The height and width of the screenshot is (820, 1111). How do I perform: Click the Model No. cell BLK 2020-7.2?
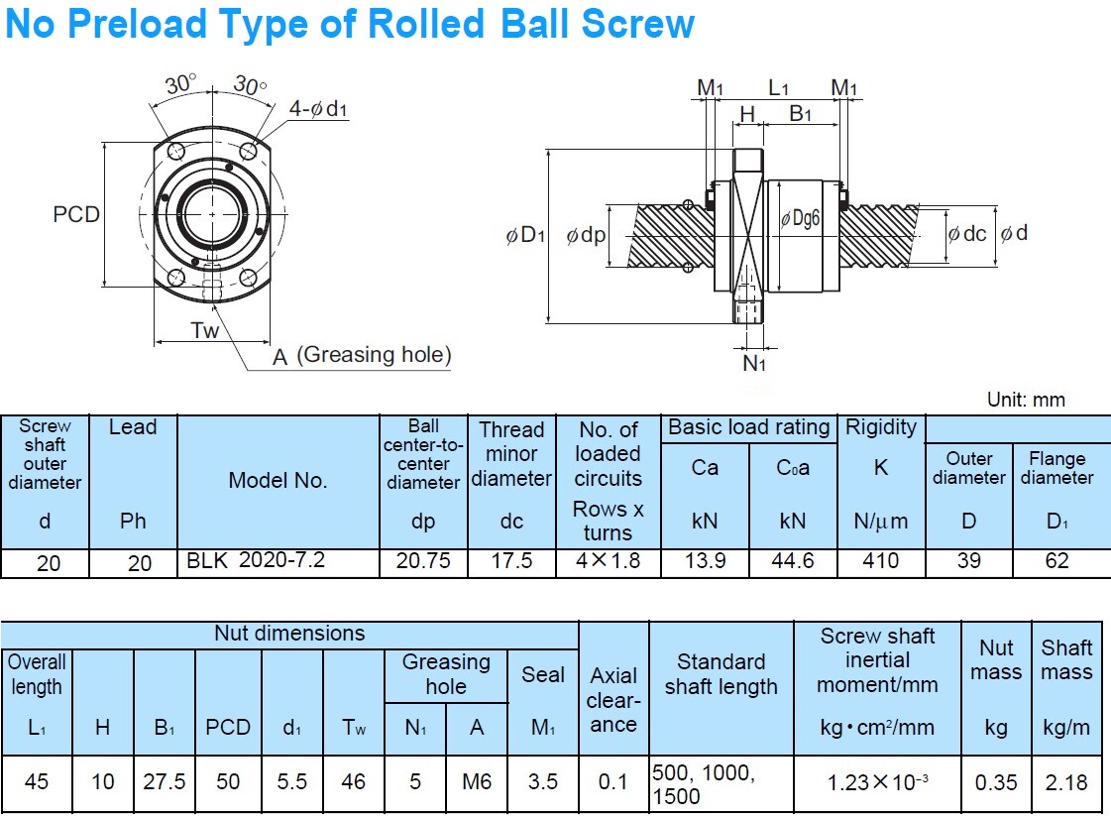tap(256, 561)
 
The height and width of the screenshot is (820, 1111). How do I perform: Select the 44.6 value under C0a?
tap(793, 561)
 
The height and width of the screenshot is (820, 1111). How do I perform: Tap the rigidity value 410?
tap(880, 561)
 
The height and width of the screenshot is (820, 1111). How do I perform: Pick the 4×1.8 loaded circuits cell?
tap(608, 561)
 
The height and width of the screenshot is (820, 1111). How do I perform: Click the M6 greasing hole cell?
tap(477, 782)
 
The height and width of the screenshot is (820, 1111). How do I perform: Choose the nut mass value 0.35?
tap(995, 782)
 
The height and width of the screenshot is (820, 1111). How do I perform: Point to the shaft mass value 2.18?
tap(1066, 782)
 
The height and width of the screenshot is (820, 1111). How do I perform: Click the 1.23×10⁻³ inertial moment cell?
tap(878, 782)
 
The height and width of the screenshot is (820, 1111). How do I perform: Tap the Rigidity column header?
tap(880, 428)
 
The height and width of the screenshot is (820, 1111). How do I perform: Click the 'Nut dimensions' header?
tap(289, 634)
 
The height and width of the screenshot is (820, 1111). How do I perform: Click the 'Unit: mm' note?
tap(1026, 400)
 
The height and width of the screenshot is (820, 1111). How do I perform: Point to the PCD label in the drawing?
tap(76, 214)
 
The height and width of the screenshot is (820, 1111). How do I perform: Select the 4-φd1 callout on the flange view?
tap(318, 109)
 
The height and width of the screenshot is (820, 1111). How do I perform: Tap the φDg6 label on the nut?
tap(801, 219)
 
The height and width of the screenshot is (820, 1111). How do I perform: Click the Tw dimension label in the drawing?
tap(204, 330)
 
